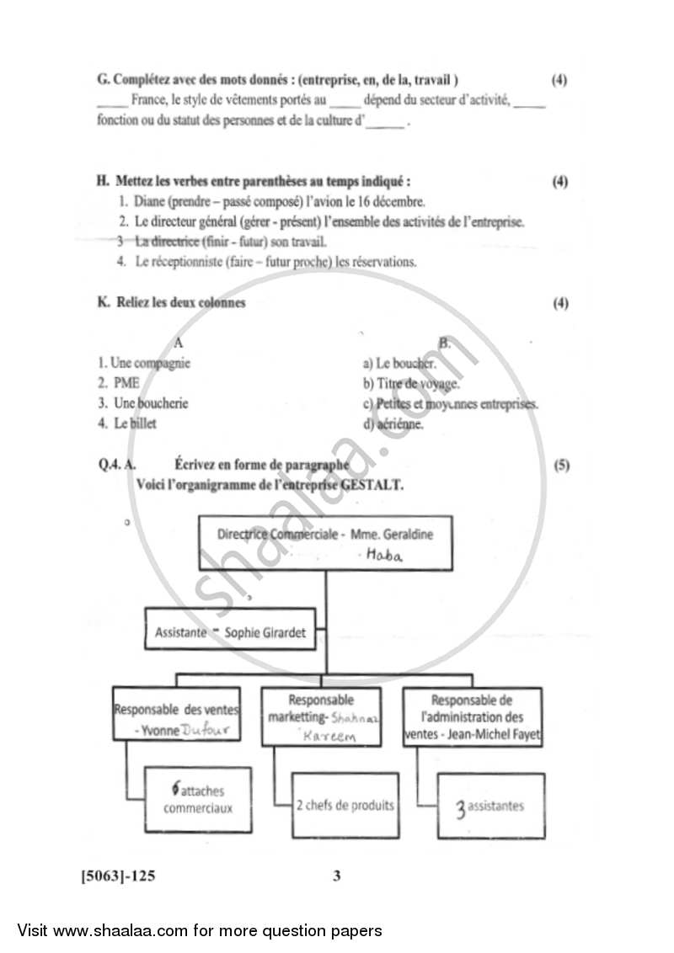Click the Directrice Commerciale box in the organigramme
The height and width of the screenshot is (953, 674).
coord(324,543)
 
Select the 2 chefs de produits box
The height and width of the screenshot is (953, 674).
coord(345,806)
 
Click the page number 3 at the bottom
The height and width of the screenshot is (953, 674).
coord(337,876)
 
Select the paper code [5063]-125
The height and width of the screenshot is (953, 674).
coord(118,876)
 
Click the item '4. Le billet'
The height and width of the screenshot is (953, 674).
coord(127,423)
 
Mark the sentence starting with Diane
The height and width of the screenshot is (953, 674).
coord(271,202)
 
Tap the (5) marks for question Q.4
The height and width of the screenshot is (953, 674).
coord(560,465)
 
